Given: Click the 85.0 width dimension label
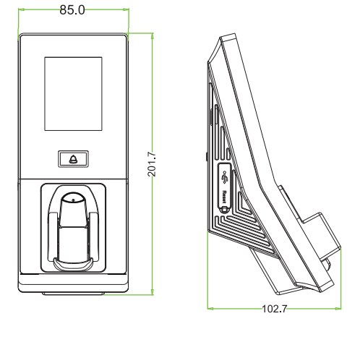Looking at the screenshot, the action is click(x=72, y=10).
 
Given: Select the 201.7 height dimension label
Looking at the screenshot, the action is click(x=152, y=164).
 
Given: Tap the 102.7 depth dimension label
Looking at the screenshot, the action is click(x=275, y=309).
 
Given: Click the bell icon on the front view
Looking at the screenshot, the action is click(x=73, y=159).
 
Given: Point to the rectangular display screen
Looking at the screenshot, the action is click(x=73, y=94).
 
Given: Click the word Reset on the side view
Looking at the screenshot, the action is click(x=224, y=197).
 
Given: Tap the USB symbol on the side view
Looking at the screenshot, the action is click(x=225, y=177).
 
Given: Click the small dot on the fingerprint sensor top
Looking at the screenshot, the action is click(x=73, y=200).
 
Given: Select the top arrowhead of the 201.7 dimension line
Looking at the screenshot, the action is click(x=152, y=36).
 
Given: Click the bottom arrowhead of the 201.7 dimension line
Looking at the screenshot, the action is click(x=152, y=291).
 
